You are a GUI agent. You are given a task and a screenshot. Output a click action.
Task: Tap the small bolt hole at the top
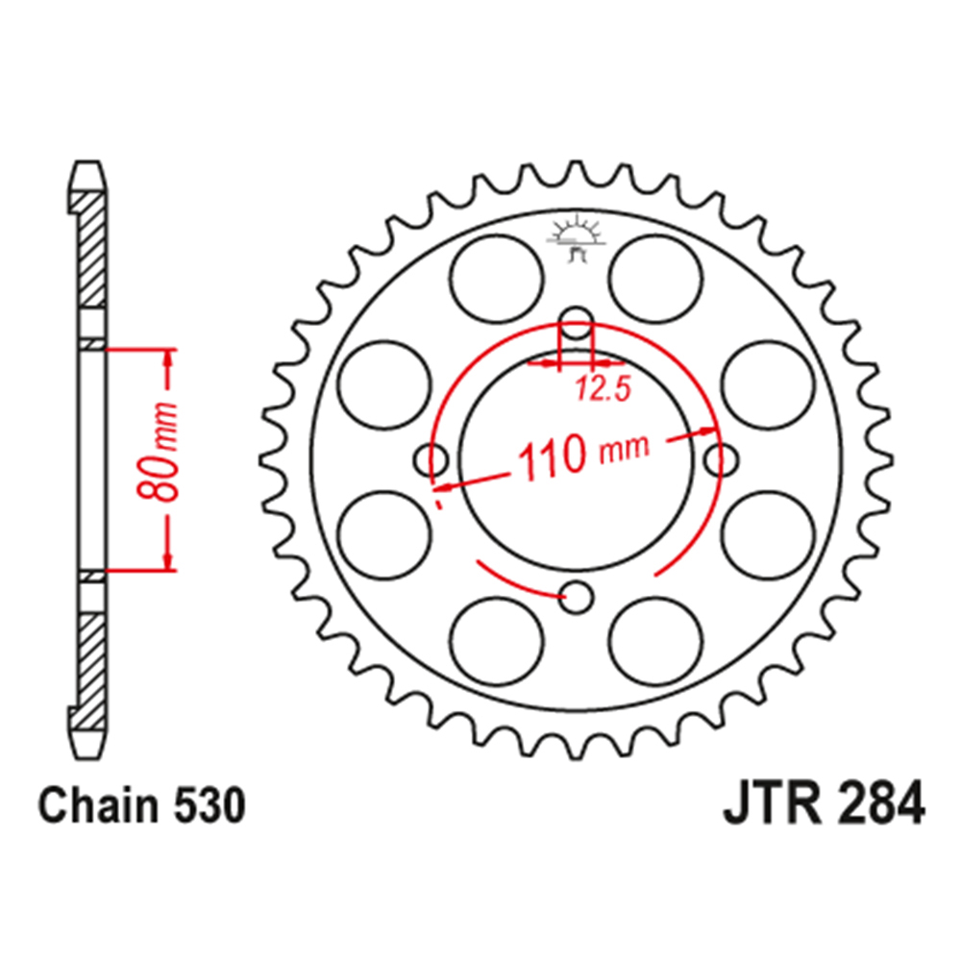point(577,323)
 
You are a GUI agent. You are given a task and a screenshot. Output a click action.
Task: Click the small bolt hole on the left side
point(430,460)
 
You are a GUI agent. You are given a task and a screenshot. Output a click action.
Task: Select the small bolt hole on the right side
point(720,460)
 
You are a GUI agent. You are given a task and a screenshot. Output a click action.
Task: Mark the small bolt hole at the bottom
point(577,598)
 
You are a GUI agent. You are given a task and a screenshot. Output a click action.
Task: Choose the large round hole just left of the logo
point(496,281)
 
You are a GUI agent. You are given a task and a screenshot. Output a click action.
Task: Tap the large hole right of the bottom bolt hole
point(653,638)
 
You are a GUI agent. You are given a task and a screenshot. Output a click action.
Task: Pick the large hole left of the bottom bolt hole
point(496,638)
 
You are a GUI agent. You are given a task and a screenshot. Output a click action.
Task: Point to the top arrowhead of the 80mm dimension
point(169,358)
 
